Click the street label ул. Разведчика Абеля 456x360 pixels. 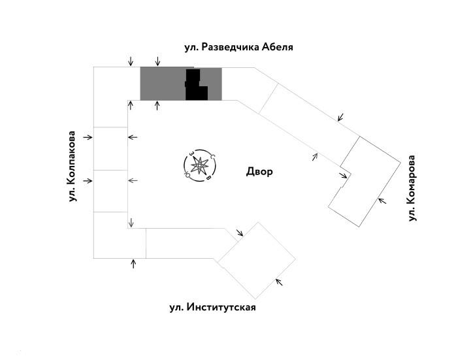pos(238,48)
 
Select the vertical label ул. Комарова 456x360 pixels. pos(412,188)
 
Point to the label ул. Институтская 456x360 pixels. pos(212,307)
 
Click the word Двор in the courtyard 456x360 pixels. pos(259,172)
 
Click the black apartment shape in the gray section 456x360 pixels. pos(195,87)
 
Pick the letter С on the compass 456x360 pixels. pos(212,155)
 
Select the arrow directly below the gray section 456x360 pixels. pos(158,106)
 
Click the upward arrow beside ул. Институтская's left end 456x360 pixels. pos(134,263)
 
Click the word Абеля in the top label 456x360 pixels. pos(276,48)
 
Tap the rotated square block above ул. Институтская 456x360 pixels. pos(257,259)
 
